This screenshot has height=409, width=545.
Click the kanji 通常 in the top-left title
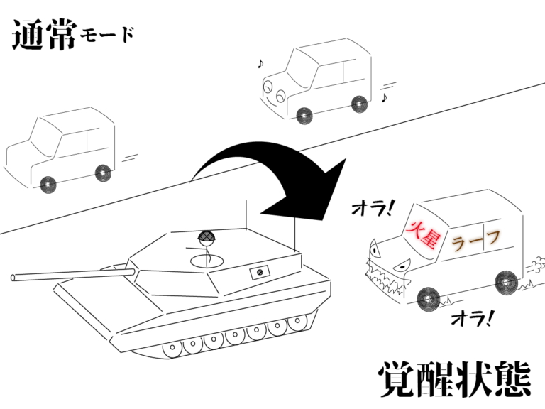tap(44, 36)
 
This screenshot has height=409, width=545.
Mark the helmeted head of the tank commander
tap(207, 237)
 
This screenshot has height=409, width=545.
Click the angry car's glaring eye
tap(402, 266)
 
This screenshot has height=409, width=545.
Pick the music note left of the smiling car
tap(260, 64)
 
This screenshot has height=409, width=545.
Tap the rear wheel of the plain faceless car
tap(103, 173)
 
